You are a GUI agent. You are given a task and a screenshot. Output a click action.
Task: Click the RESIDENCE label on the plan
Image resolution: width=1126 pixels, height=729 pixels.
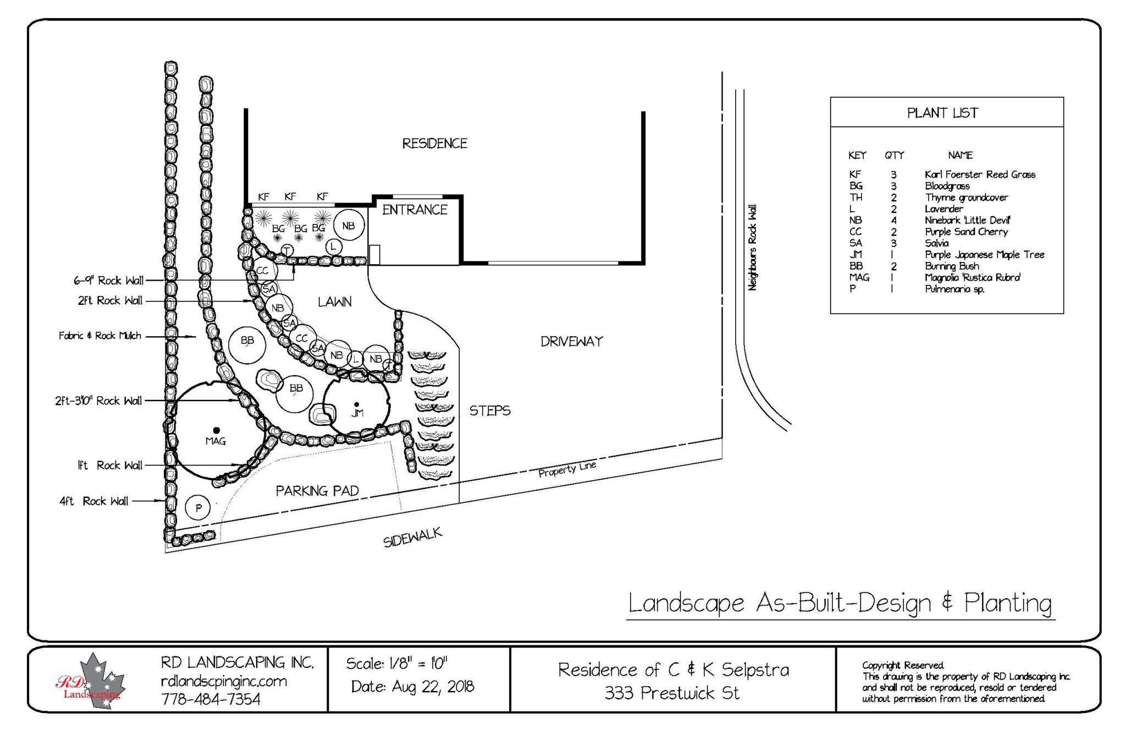tap(434, 144)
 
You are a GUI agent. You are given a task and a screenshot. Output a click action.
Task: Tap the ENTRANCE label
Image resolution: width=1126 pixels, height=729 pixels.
tap(415, 210)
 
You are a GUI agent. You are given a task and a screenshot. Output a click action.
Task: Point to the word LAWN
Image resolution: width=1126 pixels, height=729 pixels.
tap(334, 302)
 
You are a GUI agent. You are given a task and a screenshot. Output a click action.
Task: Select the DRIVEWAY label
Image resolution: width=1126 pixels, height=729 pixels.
tap(571, 342)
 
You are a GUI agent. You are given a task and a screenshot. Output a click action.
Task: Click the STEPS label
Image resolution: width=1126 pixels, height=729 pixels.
tap(489, 411)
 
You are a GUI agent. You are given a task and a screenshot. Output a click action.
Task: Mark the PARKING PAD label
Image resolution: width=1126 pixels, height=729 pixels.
tap(317, 491)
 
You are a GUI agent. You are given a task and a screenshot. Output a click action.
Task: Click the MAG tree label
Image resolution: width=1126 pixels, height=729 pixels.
tap(215, 441)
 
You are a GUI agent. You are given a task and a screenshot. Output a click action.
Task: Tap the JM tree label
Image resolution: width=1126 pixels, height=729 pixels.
tap(357, 413)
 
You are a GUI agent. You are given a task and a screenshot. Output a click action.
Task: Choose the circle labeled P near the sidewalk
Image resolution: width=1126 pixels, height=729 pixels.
tap(198, 508)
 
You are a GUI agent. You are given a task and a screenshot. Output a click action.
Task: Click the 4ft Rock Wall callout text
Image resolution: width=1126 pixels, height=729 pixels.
tap(94, 501)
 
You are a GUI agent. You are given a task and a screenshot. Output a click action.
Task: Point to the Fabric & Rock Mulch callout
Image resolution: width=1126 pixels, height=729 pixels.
tap(100, 336)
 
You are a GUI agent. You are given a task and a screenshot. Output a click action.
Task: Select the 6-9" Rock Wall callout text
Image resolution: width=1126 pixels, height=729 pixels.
tap(108, 281)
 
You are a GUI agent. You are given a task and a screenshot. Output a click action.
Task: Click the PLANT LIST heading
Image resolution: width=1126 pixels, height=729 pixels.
tap(942, 113)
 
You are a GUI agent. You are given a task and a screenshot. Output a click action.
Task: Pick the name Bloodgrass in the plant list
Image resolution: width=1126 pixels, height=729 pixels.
tap(947, 186)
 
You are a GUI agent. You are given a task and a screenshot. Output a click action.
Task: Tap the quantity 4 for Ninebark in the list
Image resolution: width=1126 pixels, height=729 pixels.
tap(893, 220)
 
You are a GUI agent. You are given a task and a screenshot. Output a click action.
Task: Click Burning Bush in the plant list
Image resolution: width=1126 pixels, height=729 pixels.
tap(952, 266)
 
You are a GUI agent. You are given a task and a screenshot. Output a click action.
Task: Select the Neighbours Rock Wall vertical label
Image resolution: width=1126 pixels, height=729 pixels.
tap(752, 248)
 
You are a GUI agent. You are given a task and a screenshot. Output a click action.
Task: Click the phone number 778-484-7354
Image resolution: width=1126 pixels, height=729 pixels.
tap(211, 699)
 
